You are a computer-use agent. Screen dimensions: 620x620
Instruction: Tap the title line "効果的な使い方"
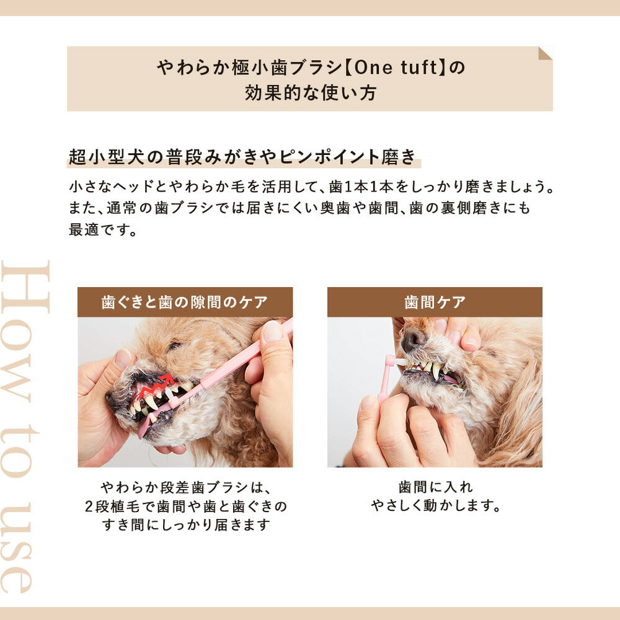310,93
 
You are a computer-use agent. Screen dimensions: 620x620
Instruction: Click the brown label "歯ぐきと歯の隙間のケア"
185,303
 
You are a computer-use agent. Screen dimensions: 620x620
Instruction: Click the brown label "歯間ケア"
435,303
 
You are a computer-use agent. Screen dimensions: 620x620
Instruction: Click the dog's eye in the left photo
174,346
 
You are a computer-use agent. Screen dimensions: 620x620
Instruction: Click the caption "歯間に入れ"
435,487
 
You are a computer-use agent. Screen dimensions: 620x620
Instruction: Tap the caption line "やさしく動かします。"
435,506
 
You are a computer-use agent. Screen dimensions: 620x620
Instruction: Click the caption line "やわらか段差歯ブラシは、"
185,487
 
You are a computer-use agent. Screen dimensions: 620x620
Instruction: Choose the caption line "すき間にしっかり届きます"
185,525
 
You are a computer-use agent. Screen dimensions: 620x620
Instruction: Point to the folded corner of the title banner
545,53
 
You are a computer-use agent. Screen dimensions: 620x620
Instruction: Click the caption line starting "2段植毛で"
185,506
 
